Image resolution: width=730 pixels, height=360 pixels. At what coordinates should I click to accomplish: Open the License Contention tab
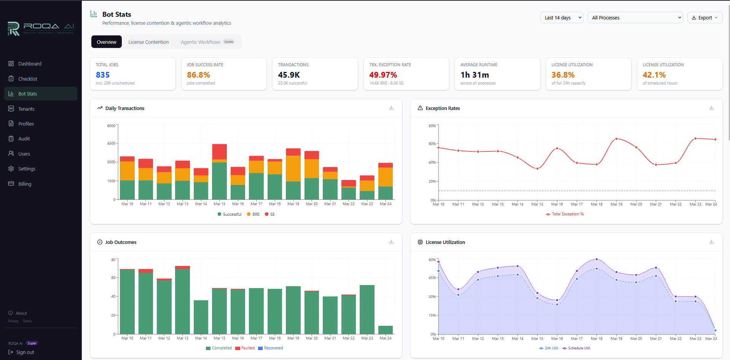point(148,42)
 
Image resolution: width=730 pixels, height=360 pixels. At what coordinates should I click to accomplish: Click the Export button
point(704,18)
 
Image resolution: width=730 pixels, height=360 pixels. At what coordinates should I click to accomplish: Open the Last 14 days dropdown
point(561,18)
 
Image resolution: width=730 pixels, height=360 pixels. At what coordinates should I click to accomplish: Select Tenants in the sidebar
point(26,109)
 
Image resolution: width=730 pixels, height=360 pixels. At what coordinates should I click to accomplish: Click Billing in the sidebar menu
point(25,184)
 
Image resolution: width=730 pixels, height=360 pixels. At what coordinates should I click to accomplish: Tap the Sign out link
point(25,352)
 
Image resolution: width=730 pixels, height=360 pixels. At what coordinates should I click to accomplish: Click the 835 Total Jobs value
point(103,75)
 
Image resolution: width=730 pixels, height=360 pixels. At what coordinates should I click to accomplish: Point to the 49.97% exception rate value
point(383,75)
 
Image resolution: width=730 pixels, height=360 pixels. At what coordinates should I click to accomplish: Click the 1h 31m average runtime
point(475,75)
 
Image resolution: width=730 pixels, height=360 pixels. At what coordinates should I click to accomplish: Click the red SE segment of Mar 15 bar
point(220,151)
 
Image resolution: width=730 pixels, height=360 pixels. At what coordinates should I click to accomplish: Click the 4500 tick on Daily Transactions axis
point(111,143)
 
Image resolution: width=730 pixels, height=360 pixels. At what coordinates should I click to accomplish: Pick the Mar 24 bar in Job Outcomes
point(386,330)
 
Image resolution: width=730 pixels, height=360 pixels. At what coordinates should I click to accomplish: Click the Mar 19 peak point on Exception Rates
point(616,139)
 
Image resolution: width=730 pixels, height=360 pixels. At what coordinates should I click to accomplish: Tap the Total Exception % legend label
point(567,214)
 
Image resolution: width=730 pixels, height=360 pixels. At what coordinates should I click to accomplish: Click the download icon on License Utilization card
point(711,242)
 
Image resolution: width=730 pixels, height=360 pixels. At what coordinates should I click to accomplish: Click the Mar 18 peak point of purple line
point(596,260)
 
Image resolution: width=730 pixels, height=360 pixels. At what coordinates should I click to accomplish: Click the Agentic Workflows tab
point(201,42)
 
